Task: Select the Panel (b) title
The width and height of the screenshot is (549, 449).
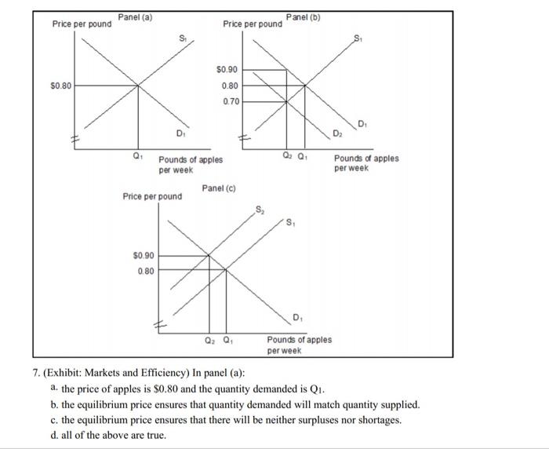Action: click(x=304, y=17)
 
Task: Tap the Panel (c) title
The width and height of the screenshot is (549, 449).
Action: click(x=219, y=188)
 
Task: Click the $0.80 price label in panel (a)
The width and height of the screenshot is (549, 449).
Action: click(x=60, y=85)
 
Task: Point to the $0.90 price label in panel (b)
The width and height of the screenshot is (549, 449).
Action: click(x=227, y=70)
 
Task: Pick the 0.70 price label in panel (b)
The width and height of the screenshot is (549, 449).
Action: click(x=231, y=101)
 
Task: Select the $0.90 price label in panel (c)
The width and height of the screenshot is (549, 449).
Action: click(x=144, y=255)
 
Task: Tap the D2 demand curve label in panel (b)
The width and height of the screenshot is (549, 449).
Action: click(x=337, y=135)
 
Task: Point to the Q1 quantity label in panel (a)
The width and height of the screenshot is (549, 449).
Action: click(x=138, y=155)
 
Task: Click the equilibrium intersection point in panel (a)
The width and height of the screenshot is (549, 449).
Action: click(x=139, y=85)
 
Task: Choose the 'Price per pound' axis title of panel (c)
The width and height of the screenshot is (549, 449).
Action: click(x=152, y=196)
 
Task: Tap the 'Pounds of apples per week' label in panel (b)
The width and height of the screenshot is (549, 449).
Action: click(x=365, y=162)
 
